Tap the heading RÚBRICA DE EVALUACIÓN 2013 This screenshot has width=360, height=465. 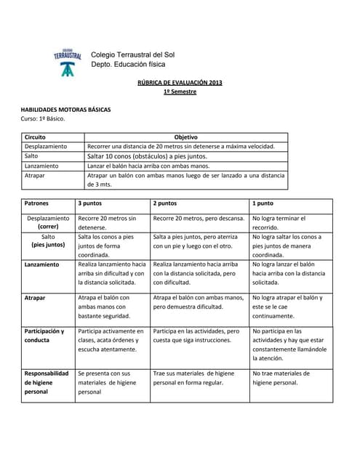180,83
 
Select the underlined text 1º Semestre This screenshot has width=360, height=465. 180,92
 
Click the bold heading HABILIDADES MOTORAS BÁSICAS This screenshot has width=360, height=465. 65,109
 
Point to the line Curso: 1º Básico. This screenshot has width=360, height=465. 43,118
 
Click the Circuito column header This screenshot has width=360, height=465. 35,137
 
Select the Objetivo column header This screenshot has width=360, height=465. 185,137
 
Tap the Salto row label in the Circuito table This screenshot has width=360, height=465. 31,155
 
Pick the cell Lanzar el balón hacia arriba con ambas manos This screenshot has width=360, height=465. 148,166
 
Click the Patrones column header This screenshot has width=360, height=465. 36,203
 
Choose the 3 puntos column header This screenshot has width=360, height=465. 91,203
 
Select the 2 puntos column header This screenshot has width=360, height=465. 165,203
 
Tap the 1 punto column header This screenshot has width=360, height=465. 263,203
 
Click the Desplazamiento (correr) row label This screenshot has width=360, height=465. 48,222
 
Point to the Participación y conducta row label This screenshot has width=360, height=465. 44,335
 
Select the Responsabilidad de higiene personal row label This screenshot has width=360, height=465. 47,382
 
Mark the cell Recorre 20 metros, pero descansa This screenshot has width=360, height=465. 199,218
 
